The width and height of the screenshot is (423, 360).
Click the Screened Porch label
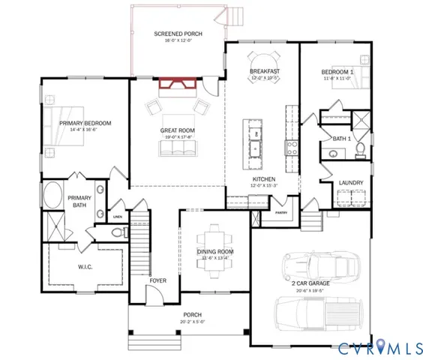pyautogui.click(x=177, y=34)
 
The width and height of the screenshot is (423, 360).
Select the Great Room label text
pyautogui.click(x=177, y=130)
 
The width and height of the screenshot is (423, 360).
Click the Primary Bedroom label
pyautogui.click(x=85, y=123)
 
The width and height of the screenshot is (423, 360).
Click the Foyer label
pyautogui.click(x=157, y=280)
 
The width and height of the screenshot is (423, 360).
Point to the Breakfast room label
pyautogui.click(x=264, y=71)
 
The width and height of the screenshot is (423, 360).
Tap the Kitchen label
pyautogui.click(x=264, y=178)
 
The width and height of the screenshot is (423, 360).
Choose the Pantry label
pyautogui.click(x=281, y=213)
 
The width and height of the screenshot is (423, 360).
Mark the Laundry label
pyautogui.click(x=351, y=182)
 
